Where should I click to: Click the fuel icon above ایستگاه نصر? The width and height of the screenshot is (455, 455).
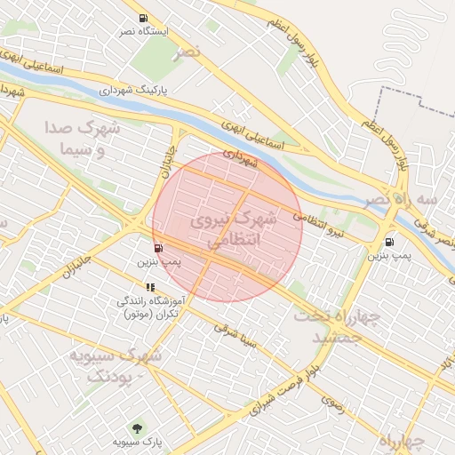143,18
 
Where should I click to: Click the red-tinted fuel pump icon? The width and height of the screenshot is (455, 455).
157,249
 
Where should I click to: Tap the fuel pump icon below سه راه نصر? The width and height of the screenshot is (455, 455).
389,242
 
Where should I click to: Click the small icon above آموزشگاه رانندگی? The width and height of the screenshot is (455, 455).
149,287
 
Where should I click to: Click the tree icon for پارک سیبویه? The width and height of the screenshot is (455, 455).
136,427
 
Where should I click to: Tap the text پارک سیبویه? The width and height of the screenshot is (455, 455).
135,441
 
